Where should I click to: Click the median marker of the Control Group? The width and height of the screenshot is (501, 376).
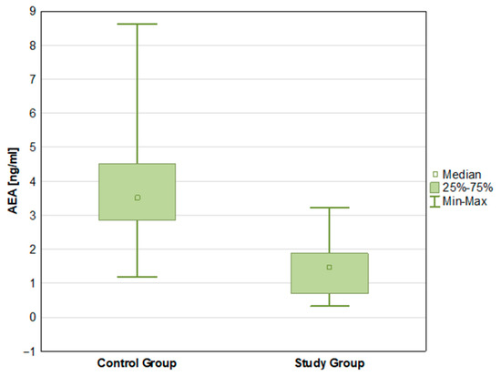pyautogui.click(x=138, y=198)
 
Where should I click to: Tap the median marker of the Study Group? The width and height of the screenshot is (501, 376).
pyautogui.click(x=330, y=267)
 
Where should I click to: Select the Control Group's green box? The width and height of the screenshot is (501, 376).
pyautogui.click(x=137, y=192)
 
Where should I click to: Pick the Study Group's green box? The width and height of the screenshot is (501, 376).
pyautogui.click(x=330, y=273)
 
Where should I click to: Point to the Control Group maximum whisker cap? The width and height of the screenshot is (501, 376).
pyautogui.click(x=137, y=24)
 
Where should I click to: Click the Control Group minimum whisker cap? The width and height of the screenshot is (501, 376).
pyautogui.click(x=137, y=277)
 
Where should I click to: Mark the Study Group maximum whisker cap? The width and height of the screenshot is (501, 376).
pyautogui.click(x=330, y=208)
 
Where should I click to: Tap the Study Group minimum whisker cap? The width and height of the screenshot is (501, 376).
pyautogui.click(x=330, y=306)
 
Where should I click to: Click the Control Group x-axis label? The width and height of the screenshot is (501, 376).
pyautogui.click(x=137, y=363)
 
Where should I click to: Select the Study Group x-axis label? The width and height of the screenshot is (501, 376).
pyautogui.click(x=330, y=363)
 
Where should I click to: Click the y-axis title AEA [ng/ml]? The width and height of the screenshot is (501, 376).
pyautogui.click(x=13, y=181)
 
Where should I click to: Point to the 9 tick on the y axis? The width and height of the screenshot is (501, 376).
pyautogui.click(x=33, y=12)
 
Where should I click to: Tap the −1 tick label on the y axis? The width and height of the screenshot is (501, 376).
pyautogui.click(x=30, y=351)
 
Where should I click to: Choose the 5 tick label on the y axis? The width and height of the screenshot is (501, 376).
pyautogui.click(x=33, y=147)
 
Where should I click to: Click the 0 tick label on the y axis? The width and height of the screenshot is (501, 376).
pyautogui.click(x=33, y=317)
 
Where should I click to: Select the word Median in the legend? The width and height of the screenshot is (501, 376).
pyautogui.click(x=462, y=175)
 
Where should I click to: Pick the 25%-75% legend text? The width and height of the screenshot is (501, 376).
pyautogui.click(x=468, y=188)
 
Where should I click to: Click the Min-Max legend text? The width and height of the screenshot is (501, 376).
pyautogui.click(x=465, y=201)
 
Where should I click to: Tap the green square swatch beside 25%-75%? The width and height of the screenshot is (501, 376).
pyautogui.click(x=435, y=188)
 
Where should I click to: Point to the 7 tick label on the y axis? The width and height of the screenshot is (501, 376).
pyautogui.click(x=33, y=79)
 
